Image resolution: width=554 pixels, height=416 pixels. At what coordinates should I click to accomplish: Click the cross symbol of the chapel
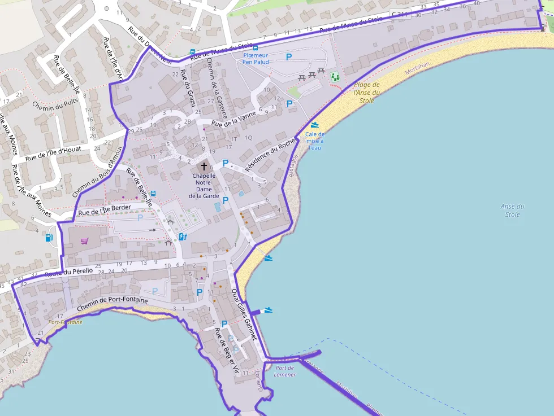click(204, 167)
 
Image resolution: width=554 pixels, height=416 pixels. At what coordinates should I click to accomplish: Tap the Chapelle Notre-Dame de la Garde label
click(204, 186)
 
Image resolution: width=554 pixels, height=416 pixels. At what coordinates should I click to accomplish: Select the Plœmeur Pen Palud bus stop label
click(255, 58)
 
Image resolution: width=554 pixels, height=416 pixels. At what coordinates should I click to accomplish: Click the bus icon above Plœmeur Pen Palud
click(256, 48)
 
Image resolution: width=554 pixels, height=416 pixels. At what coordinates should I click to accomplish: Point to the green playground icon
click(335, 76)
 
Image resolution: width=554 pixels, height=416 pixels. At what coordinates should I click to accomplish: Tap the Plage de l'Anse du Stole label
click(367, 93)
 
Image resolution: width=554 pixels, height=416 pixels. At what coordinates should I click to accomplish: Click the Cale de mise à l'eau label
click(314, 141)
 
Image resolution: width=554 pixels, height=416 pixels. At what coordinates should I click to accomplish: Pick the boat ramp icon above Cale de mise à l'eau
click(314, 125)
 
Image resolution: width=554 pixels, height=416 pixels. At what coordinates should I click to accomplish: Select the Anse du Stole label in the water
click(512, 210)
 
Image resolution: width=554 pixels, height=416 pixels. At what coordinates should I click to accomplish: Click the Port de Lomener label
click(285, 371)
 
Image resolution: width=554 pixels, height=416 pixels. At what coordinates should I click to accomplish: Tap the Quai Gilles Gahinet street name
click(244, 314)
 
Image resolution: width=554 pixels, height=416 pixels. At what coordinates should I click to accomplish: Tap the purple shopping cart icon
click(84, 241)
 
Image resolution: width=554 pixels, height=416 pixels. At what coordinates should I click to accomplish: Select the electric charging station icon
click(182, 237)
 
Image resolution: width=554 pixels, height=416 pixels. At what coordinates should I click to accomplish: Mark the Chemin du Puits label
click(54, 106)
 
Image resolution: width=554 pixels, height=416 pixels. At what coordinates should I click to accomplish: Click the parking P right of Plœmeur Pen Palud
click(289, 56)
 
